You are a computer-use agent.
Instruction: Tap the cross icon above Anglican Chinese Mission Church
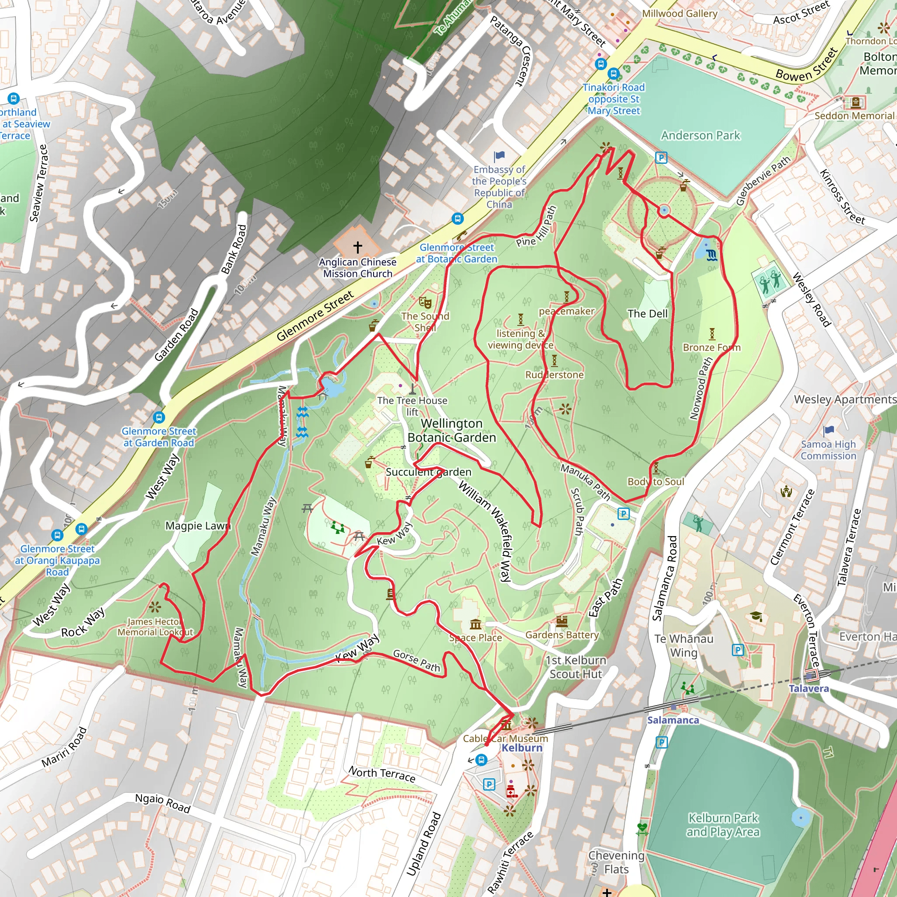(357, 247)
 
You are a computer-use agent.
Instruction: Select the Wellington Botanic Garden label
(451, 431)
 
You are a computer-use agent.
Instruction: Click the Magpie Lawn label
(198, 526)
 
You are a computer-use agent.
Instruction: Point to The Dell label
(647, 314)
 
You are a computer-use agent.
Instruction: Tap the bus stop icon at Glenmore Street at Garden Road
(159, 417)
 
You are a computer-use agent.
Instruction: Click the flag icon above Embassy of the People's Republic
(499, 156)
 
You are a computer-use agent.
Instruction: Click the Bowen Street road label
(807, 65)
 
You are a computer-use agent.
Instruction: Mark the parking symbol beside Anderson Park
(661, 158)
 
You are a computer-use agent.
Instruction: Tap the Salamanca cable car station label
(673, 720)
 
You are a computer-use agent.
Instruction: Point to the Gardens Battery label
(562, 635)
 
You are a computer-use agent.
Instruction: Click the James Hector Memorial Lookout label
(155, 627)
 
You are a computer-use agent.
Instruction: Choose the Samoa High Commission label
(828, 450)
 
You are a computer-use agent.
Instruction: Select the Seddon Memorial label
(854, 116)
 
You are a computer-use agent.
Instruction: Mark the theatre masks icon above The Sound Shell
(425, 302)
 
